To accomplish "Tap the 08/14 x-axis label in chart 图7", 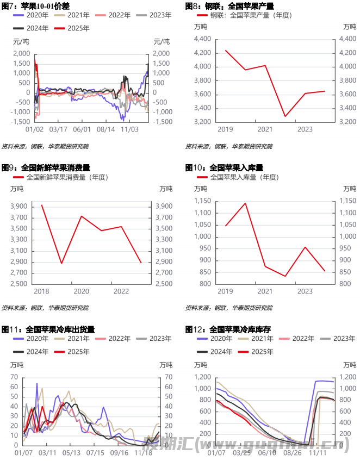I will tap(106, 130).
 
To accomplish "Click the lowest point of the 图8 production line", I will tap(285, 116).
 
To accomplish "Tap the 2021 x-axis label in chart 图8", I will tap(265, 130).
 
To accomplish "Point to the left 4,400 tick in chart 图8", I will tap(202, 39).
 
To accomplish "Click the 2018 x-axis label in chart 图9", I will tap(41, 291).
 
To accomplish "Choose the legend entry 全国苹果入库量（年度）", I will tap(243, 177).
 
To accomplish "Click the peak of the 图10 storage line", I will tap(245, 203).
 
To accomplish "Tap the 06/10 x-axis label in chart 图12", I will tap(267, 452).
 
